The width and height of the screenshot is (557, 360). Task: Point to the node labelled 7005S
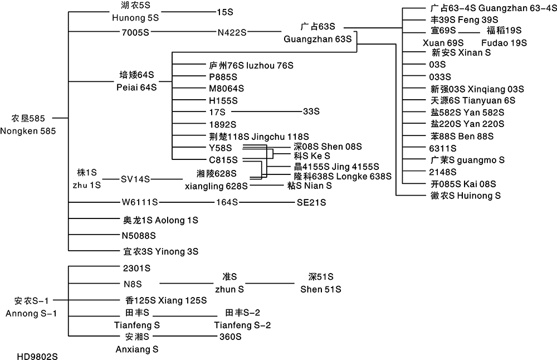click(136, 31)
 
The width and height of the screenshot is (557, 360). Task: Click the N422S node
click(232, 31)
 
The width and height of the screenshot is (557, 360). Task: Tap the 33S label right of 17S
click(311, 111)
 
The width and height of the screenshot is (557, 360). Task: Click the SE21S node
click(311, 201)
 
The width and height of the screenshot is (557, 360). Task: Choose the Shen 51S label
click(320, 289)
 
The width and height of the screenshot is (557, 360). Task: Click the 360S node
click(230, 337)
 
